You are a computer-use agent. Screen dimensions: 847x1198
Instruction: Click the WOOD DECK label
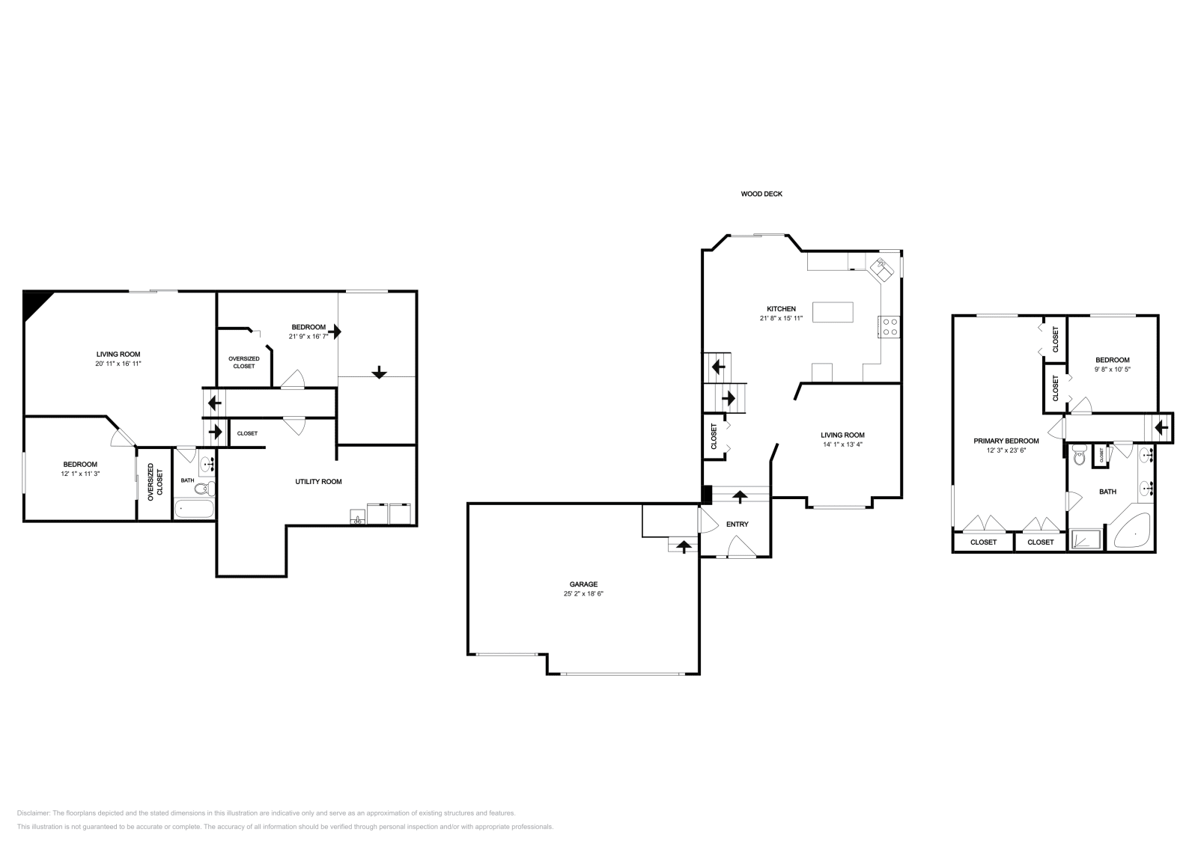click(761, 194)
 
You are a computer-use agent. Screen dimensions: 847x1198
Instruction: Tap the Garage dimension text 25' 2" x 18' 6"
click(583, 593)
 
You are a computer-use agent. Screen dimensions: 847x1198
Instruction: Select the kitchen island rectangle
click(833, 311)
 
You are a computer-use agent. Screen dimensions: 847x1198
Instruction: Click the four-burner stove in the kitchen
click(890, 327)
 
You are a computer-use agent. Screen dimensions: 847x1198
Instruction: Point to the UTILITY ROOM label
click(318, 482)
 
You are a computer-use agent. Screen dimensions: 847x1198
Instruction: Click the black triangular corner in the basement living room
click(34, 302)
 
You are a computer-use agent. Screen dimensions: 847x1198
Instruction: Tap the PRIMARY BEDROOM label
click(1006, 441)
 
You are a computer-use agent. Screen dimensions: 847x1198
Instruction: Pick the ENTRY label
click(737, 525)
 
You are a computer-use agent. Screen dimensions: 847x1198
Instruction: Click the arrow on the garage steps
click(682, 546)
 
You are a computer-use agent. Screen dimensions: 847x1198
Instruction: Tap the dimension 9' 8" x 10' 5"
click(1112, 369)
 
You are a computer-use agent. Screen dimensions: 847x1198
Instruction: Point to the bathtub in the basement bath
click(194, 510)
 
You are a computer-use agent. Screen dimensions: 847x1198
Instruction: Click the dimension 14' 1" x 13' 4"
click(842, 444)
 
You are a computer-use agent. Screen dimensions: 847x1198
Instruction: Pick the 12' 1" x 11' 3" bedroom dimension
click(79, 474)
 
